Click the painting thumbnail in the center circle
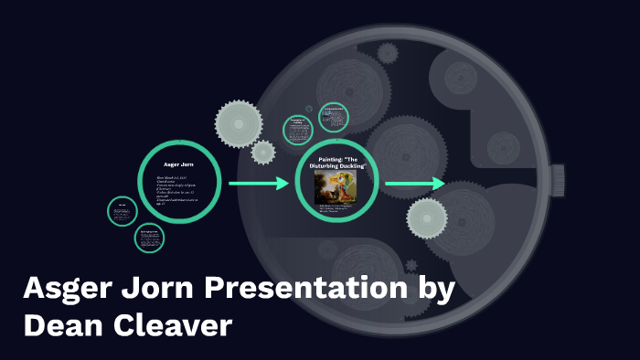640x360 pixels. [335, 188]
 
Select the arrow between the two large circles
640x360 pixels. [258, 185]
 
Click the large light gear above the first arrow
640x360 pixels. [239, 121]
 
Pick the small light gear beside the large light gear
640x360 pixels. [263, 152]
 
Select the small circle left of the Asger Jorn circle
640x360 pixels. [123, 212]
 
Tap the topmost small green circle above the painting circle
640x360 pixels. [334, 117]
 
